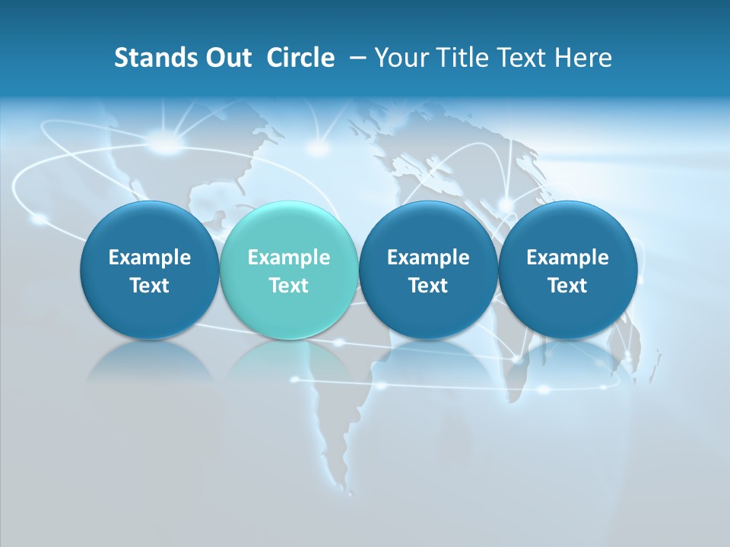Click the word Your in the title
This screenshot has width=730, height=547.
(x=399, y=58)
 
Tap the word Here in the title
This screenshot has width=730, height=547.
(x=582, y=58)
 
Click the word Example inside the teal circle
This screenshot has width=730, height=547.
(x=289, y=258)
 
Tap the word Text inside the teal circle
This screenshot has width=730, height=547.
(x=289, y=286)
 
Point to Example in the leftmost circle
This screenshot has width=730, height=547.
(x=150, y=258)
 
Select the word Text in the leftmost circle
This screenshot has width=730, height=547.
(x=150, y=286)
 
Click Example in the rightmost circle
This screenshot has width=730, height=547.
(x=567, y=258)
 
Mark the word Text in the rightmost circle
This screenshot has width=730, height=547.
(x=567, y=286)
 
